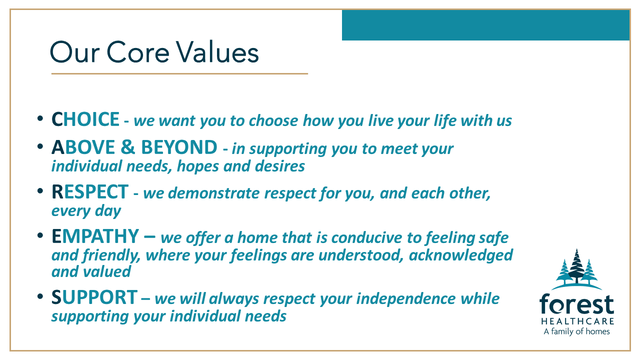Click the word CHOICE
point(85,119)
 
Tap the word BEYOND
point(179,147)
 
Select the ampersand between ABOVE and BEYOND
point(127,147)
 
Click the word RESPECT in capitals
point(90,191)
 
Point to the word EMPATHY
point(95,236)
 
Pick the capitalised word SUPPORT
point(94,297)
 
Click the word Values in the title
point(217,52)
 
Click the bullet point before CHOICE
point(40,118)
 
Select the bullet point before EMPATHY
point(40,235)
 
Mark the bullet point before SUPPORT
point(40,296)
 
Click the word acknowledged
point(461,255)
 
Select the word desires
point(279,166)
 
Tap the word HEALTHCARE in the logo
point(577,321)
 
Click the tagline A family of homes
point(576,331)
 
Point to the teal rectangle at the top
point(485,25)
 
